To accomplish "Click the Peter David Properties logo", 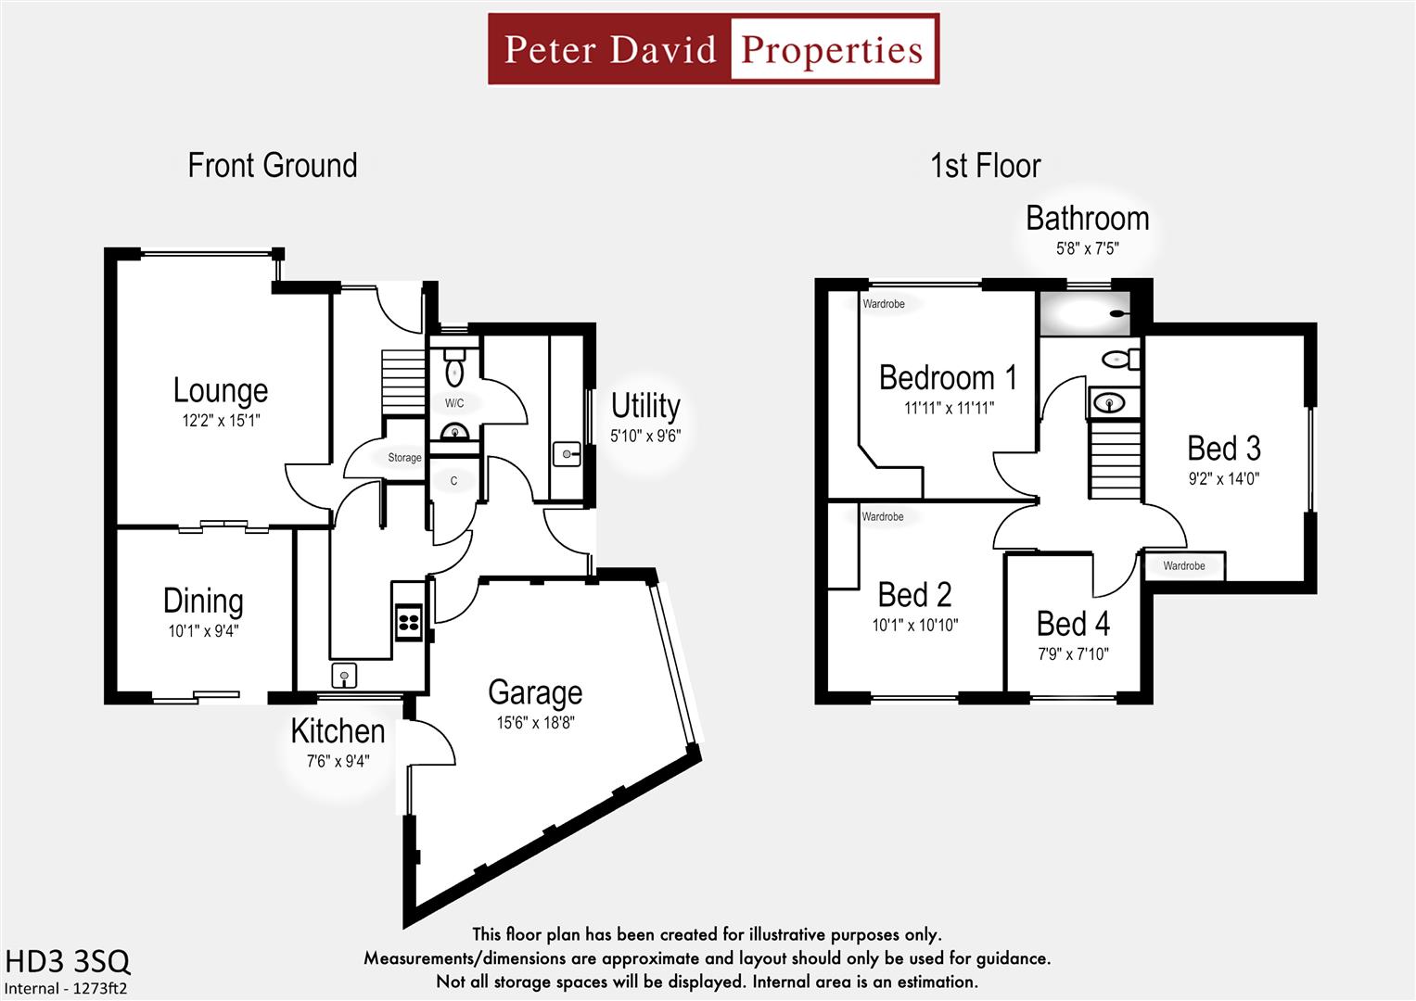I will pyautogui.click(x=713, y=49).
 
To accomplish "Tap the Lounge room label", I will pyautogui.click(x=221, y=390).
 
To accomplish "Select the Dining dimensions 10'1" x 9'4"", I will pyautogui.click(x=203, y=631).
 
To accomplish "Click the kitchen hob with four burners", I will pyautogui.click(x=409, y=621).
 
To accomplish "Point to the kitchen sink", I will pyautogui.click(x=344, y=676).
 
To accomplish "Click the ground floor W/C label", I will pyautogui.click(x=454, y=403).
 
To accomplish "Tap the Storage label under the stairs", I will pyautogui.click(x=404, y=458).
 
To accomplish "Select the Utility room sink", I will pyautogui.click(x=567, y=454).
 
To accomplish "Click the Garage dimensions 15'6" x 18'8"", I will pyautogui.click(x=535, y=723).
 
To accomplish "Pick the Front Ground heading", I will pyautogui.click(x=273, y=166).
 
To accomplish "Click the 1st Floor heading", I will pyautogui.click(x=985, y=166).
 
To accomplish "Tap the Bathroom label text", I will pyautogui.click(x=1087, y=219).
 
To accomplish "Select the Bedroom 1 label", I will pyautogui.click(x=948, y=378).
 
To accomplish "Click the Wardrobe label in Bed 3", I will pyautogui.click(x=1184, y=566).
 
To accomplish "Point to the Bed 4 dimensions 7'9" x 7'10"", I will pyautogui.click(x=1073, y=654).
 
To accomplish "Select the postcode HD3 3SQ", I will pyautogui.click(x=68, y=961).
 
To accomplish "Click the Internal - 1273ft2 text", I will pyautogui.click(x=66, y=988).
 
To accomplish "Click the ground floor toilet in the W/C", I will pyautogui.click(x=454, y=368).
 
